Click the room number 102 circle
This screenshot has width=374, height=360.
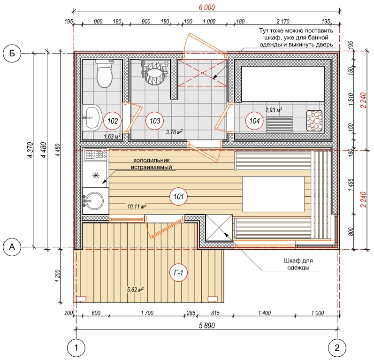click(x=112, y=121)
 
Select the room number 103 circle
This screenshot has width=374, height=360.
click(x=154, y=121)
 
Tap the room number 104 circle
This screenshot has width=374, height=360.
click(x=254, y=121)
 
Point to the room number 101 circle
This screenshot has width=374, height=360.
click(x=178, y=196)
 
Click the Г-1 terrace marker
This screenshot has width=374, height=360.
click(x=178, y=272)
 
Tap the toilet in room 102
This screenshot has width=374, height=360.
click(x=104, y=74)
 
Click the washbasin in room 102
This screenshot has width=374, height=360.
click(x=92, y=117)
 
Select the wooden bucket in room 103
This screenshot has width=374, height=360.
click(x=154, y=73)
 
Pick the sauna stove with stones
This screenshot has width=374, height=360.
click(x=314, y=121)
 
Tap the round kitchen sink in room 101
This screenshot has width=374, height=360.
click(x=94, y=201)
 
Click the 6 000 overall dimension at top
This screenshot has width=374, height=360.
click(x=207, y=8)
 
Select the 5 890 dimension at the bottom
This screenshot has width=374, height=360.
click(x=207, y=325)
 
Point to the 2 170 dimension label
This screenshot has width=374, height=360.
click(x=283, y=22)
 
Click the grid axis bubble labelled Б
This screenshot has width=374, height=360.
click(x=12, y=53)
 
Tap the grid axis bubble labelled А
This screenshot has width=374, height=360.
click(x=12, y=247)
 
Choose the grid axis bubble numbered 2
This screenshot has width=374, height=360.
click(x=337, y=348)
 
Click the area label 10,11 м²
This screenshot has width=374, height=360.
click(x=137, y=206)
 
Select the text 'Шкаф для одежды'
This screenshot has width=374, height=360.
click(x=298, y=264)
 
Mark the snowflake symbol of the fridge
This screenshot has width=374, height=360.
click(x=96, y=176)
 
